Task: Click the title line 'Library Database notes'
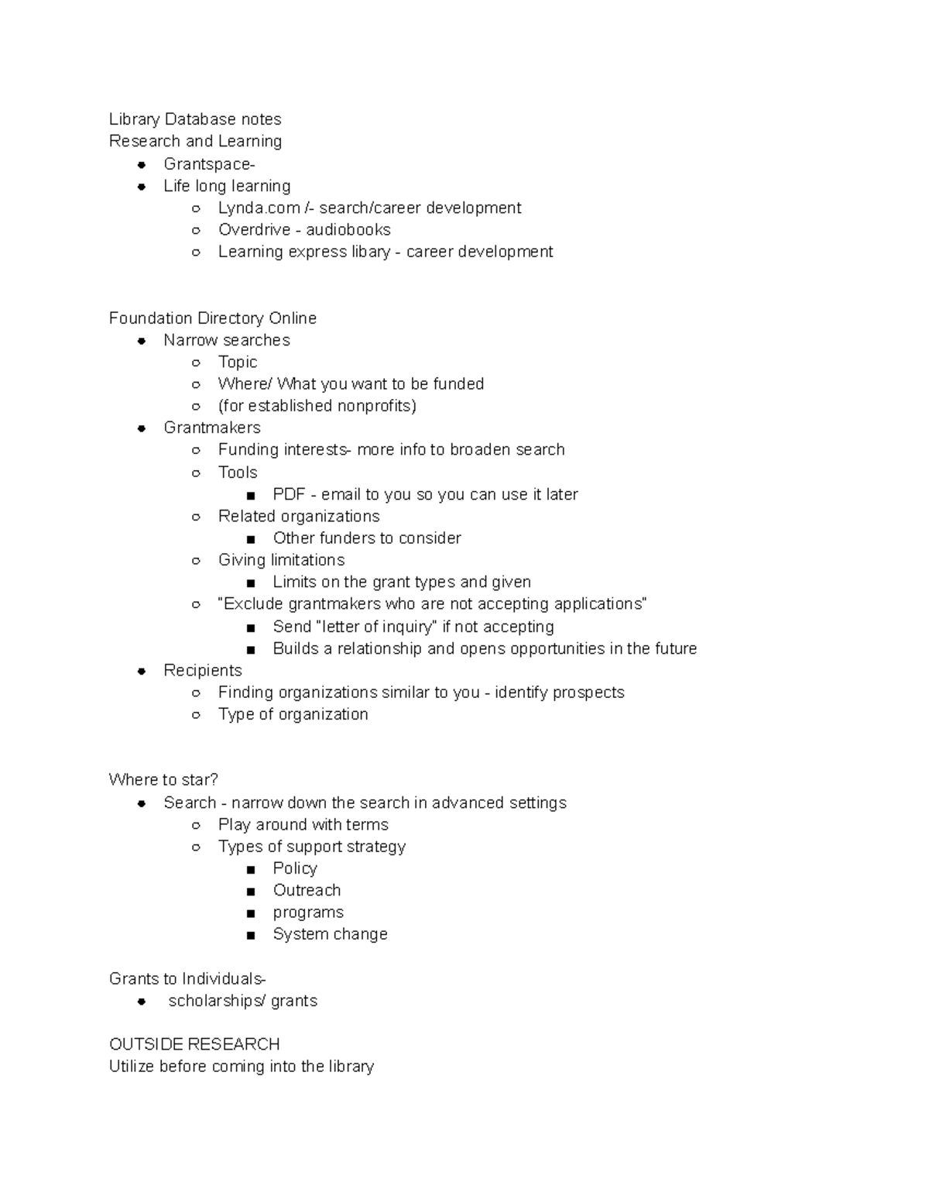[195, 119]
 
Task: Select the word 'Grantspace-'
[209, 164]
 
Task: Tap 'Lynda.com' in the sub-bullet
[259, 208]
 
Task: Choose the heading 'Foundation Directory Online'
[212, 318]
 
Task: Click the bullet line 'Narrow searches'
[226, 340]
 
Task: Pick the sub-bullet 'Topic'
[237, 362]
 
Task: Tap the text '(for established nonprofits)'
[317, 406]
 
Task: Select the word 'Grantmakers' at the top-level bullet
[211, 428]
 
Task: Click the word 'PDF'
[289, 494]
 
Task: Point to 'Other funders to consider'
[366, 538]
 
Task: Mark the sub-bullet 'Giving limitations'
[281, 560]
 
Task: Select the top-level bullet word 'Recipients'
[202, 671]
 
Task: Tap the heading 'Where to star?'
[163, 779]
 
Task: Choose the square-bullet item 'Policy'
[294, 868]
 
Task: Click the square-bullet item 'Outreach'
[307, 891]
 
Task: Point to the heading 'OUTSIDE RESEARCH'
[194, 1044]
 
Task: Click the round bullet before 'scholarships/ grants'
[142, 1002]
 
